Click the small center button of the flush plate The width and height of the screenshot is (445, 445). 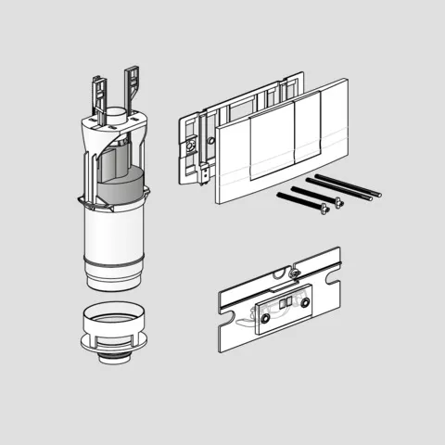click(x=273, y=149)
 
